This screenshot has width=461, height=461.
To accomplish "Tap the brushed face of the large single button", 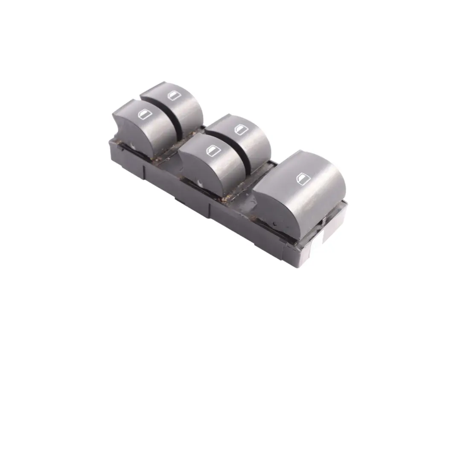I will [x=303, y=201].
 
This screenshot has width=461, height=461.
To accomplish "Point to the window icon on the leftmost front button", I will [x=142, y=114].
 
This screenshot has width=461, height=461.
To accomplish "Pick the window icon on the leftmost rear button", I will [x=173, y=95].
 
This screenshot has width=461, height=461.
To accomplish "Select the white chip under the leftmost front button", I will [x=136, y=148].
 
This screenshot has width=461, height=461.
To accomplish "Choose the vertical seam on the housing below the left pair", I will [x=144, y=172].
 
